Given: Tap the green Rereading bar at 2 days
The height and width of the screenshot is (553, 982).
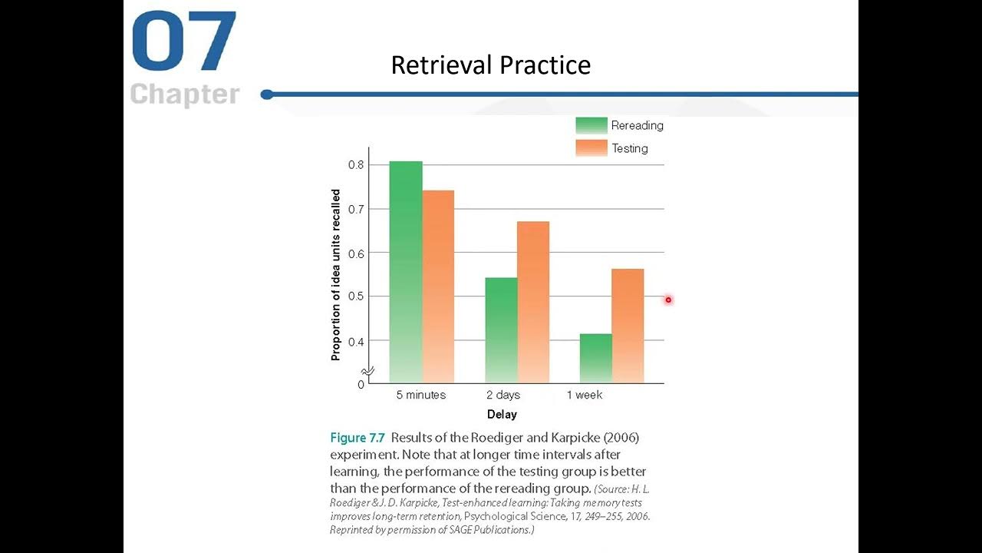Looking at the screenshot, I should pos(501,330).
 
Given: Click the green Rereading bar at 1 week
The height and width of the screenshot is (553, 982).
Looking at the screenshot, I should pos(595,358).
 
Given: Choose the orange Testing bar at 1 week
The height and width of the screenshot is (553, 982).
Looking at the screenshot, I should pos(628,326).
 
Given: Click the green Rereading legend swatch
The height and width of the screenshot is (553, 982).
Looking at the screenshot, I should pos(591,125).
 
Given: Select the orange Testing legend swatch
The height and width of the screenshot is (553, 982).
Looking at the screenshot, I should pos(591,148).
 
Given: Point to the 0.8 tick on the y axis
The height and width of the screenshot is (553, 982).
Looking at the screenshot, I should pos(355,165).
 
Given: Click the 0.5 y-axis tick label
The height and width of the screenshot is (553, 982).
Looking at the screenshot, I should pos(355,296).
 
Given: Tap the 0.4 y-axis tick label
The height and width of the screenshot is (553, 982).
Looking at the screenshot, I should pos(355,340).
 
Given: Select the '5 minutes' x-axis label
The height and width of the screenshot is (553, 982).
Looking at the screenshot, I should pos(420,395).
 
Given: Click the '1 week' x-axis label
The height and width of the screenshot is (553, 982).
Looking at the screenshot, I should pos(585,395).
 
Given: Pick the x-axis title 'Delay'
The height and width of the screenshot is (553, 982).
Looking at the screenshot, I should pos(502,415).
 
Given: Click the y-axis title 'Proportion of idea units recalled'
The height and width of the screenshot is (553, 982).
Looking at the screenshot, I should pos(336,274).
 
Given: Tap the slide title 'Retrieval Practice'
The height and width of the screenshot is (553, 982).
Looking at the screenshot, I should pos(490,65).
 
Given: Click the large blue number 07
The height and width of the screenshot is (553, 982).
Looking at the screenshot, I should pos(184,41).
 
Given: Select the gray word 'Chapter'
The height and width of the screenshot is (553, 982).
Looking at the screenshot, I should pos(185,94).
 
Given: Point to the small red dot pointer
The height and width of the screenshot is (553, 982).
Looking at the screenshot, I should pos(668,300).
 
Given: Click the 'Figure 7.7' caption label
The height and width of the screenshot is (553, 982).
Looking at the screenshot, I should pos(358,438).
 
